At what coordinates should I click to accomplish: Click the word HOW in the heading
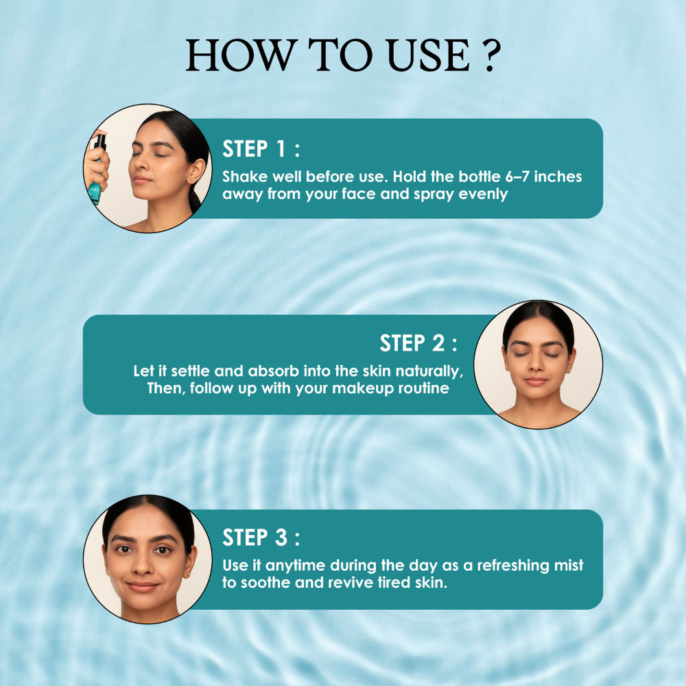pyautogui.click(x=239, y=55)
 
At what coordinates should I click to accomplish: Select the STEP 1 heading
pyautogui.click(x=261, y=149)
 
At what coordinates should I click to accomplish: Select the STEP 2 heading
pyautogui.click(x=418, y=343)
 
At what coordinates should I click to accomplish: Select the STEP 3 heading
pyautogui.click(x=261, y=537)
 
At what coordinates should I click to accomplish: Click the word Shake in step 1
pyautogui.click(x=245, y=177)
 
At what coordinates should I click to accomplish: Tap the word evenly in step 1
pyautogui.click(x=483, y=195)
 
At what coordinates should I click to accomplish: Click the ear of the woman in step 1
pyautogui.click(x=196, y=171)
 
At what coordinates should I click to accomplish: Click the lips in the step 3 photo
pyautogui.click(x=142, y=586)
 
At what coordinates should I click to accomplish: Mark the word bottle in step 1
pyautogui.click(x=480, y=177)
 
